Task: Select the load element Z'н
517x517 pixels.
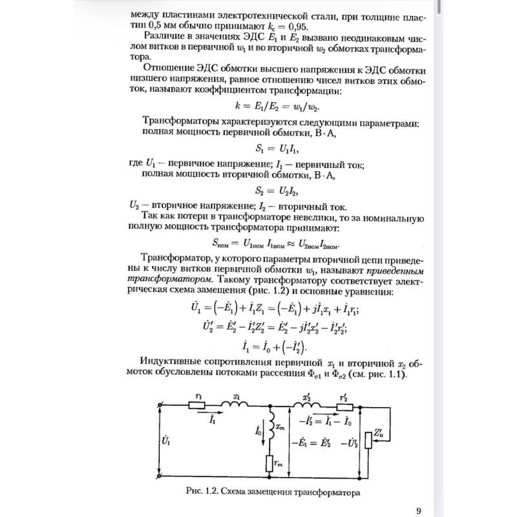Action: (x=368, y=441)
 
